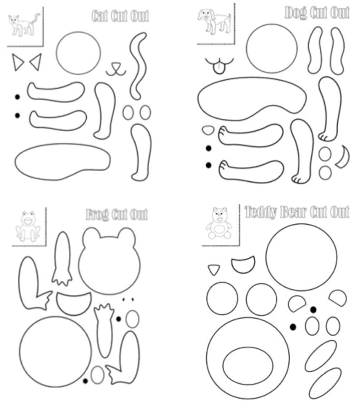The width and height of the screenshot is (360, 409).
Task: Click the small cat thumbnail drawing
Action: click(x=23, y=25)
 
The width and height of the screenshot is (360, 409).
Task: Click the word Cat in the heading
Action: click(x=99, y=16)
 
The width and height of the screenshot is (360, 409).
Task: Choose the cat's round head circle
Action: click(x=78, y=52)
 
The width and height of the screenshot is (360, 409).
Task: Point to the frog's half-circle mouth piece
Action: click(x=73, y=303)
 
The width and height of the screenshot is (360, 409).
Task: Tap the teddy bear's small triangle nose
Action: click(x=213, y=269)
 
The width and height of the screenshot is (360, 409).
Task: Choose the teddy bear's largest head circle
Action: click(x=301, y=257)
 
